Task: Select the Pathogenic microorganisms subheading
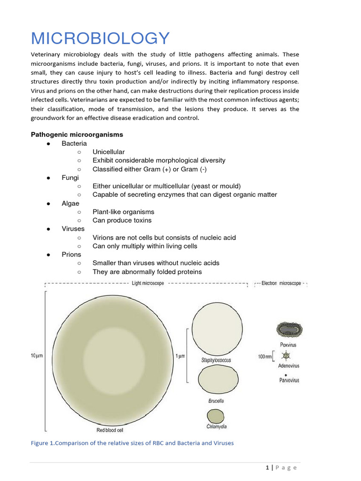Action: pyautogui.click(x=77, y=134)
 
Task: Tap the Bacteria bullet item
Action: pyautogui.click(x=74, y=143)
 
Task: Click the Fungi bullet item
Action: pyautogui.click(x=70, y=178)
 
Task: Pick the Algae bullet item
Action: pyautogui.click(x=71, y=203)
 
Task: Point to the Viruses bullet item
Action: pyautogui.click(x=73, y=229)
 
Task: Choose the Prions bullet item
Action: pyautogui.click(x=71, y=254)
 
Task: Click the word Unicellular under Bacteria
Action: pyautogui.click(x=109, y=152)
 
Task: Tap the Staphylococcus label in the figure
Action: pyautogui.click(x=216, y=360)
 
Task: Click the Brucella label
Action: pyautogui.click(x=216, y=401)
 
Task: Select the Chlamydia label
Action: pyautogui.click(x=216, y=427)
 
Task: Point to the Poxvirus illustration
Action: pyautogui.click(x=290, y=330)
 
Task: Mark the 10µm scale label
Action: pyautogui.click(x=37, y=356)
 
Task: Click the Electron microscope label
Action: pyautogui.click(x=281, y=284)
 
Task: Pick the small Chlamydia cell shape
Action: pyautogui.click(x=216, y=416)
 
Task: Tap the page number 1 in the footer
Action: pyautogui.click(x=267, y=467)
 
